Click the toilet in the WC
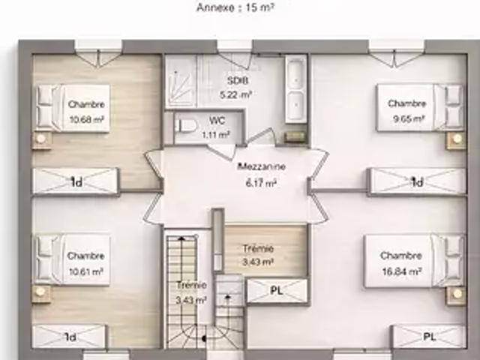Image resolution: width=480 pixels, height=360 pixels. (x=185, y=125)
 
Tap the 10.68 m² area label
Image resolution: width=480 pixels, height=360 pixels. (x=86, y=119)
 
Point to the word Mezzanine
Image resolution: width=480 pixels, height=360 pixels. (x=262, y=166)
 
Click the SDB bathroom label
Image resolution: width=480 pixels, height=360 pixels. (x=237, y=80)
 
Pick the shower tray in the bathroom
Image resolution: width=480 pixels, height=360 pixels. (x=181, y=81)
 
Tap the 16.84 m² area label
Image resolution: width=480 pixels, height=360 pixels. (x=402, y=271)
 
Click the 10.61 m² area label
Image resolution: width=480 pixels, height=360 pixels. (x=86, y=271)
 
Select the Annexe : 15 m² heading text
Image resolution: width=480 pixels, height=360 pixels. (x=235, y=7)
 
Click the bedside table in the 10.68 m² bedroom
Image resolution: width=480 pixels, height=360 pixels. (x=41, y=139)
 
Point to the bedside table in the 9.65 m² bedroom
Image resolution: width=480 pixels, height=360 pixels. (x=456, y=139)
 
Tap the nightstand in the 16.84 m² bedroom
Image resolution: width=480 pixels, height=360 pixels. (x=456, y=295)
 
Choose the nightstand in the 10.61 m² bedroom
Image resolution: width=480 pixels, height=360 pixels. (x=41, y=293)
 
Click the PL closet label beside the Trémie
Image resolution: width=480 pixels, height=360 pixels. (x=276, y=290)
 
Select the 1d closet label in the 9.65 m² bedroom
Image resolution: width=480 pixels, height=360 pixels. (x=417, y=182)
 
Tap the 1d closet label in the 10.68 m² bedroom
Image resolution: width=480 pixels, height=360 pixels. (x=76, y=182)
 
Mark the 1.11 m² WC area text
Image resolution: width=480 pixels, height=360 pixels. (x=216, y=134)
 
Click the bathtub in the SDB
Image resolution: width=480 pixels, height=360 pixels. (x=295, y=88)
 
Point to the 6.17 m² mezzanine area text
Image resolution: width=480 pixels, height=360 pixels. (x=261, y=183)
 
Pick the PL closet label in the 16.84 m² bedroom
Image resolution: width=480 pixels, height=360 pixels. (x=429, y=337)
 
